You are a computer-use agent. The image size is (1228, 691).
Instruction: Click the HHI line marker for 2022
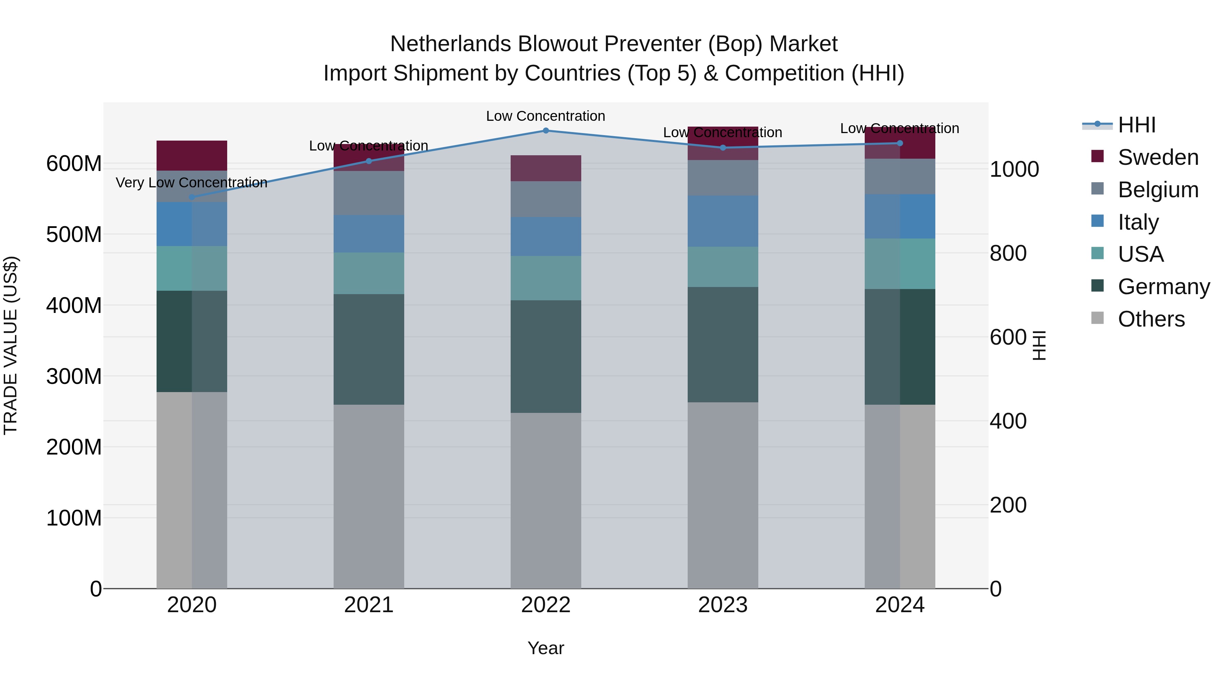pos(546,130)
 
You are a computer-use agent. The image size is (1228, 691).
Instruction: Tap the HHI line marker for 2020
pos(192,197)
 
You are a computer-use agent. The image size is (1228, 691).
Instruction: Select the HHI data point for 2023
pos(723,148)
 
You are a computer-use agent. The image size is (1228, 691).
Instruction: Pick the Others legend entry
pos(1151,319)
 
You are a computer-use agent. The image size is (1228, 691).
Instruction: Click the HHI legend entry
pos(1137,125)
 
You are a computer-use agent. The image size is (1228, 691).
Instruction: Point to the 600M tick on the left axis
pos(74,163)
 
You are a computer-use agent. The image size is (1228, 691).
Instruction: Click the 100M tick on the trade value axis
pos(74,518)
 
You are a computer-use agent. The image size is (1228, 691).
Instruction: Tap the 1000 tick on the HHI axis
pos(1014,169)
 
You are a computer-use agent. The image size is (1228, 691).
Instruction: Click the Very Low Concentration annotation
pos(192,183)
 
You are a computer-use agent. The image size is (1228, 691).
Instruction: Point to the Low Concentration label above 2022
pos(546,116)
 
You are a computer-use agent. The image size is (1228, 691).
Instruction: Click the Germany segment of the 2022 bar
pos(546,356)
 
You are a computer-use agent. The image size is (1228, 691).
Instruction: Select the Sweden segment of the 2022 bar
pos(546,168)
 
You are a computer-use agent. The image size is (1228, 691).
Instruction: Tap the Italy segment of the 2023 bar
pos(723,221)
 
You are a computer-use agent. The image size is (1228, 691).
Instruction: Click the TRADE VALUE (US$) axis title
pos(11,345)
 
